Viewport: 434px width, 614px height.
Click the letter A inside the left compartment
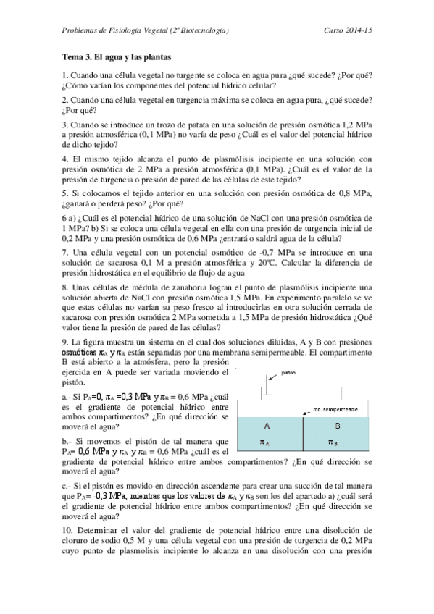click(x=267, y=426)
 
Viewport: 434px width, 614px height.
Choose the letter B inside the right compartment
click(x=337, y=426)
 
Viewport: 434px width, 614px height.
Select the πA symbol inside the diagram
click(x=267, y=442)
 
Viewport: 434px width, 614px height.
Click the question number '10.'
click(x=67, y=529)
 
